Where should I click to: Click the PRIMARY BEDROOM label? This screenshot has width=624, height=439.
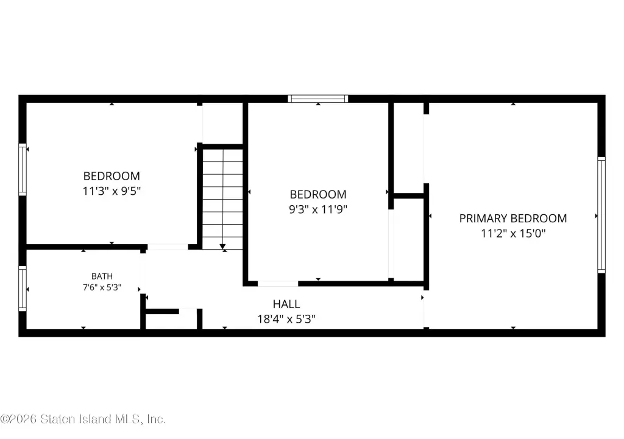[513, 219]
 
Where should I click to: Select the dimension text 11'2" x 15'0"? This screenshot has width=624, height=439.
[513, 233]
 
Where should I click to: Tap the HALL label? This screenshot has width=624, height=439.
[286, 304]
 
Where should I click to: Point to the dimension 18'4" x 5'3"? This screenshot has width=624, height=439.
[286, 319]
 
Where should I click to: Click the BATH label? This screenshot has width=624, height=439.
[102, 276]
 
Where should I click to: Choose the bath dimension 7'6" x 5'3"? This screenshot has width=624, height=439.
[102, 287]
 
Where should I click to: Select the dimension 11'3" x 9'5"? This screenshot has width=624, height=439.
[112, 191]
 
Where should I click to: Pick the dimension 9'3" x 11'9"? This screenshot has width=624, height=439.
[318, 209]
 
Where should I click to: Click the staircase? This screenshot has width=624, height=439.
[222, 199]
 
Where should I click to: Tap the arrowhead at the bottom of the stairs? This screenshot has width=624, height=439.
[222, 247]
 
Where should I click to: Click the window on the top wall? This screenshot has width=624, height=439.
[318, 99]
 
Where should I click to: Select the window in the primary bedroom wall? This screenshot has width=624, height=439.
[601, 215]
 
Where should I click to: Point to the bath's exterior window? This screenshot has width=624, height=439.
[23, 289]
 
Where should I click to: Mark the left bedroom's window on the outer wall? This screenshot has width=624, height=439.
[23, 170]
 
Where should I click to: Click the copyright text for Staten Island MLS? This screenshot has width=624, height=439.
[83, 419]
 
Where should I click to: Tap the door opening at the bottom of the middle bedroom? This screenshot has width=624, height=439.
[278, 284]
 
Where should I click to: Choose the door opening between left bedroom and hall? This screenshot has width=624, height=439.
[168, 247]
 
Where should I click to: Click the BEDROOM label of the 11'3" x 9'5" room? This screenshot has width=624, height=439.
[112, 176]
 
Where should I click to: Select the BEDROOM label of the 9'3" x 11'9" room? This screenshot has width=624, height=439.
[318, 194]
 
